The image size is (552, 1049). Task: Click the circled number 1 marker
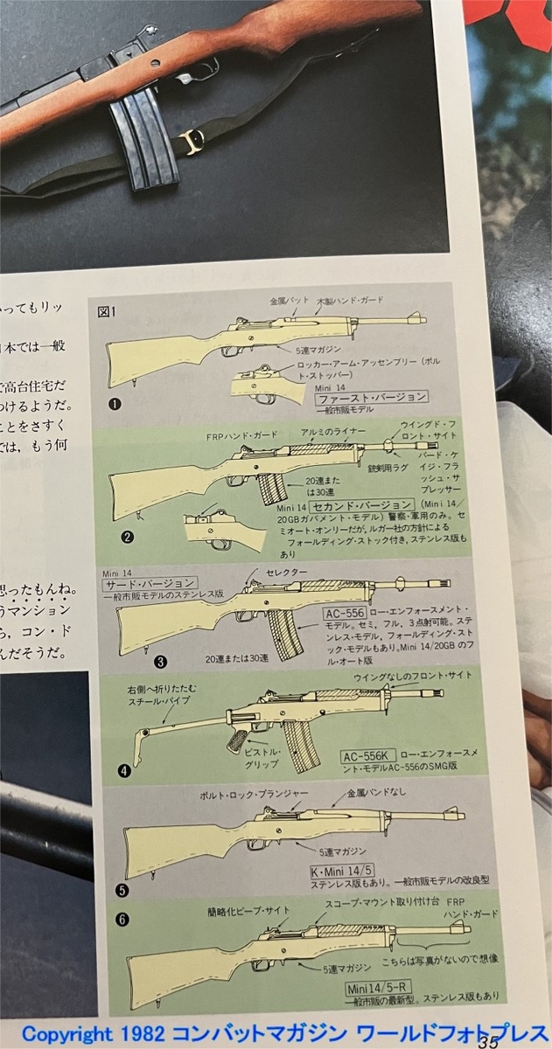tap(115, 404)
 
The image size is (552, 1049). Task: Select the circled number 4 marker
tap(125, 771)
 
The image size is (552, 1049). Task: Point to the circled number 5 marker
tap(123, 891)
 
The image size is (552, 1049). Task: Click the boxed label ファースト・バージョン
tap(372, 397)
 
